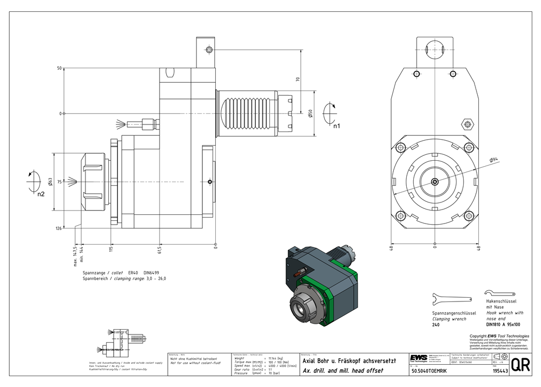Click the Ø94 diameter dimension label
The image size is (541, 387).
(493, 160)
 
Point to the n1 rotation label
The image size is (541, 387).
(336, 126)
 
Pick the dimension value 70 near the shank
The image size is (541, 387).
(298, 79)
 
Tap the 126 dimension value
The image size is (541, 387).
(58, 228)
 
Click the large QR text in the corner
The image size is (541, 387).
(520, 365)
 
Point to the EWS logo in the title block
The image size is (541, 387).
(418, 359)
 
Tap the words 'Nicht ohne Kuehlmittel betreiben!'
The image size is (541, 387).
(193, 358)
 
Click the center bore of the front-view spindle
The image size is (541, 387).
(435, 182)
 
